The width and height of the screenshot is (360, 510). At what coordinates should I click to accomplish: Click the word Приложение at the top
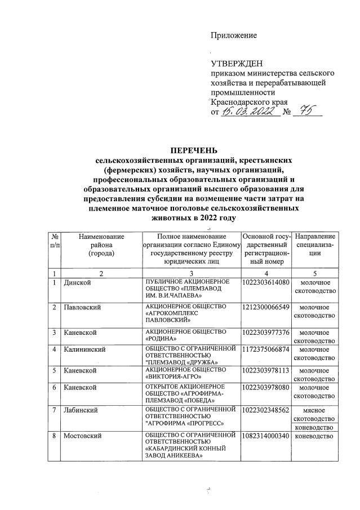click(234, 36)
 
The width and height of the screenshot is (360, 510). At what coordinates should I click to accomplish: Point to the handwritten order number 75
click(307, 111)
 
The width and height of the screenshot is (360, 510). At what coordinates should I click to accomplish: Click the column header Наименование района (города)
click(101, 246)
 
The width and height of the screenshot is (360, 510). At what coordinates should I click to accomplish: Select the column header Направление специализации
click(315, 246)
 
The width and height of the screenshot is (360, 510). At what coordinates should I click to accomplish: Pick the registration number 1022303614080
click(265, 282)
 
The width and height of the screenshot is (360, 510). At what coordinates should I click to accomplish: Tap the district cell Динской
click(77, 282)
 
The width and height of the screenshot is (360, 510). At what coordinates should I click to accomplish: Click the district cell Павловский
click(82, 307)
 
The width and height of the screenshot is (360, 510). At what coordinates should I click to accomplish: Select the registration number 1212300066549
click(265, 307)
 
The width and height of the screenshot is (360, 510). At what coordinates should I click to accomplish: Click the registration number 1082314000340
click(265, 436)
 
